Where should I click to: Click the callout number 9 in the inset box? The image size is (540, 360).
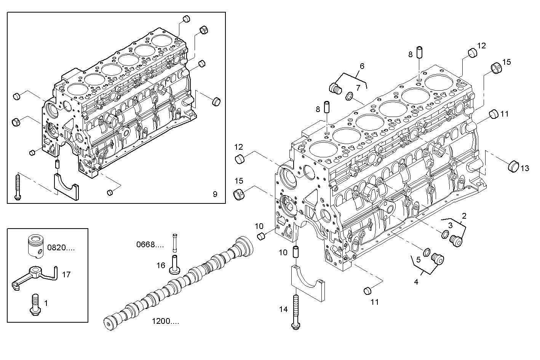215,194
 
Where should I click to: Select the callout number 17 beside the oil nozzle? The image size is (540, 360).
66,274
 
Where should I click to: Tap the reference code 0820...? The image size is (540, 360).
61,248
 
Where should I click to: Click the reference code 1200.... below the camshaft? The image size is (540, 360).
165,321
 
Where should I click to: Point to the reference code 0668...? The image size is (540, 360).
150,244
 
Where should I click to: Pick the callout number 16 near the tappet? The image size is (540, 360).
161,265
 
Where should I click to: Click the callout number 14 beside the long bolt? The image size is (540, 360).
283,309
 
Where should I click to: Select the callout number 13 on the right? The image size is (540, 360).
525,168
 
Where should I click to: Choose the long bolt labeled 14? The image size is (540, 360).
296,312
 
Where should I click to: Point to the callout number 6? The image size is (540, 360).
362,66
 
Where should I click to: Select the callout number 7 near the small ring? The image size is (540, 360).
358,88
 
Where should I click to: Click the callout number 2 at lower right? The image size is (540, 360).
464,216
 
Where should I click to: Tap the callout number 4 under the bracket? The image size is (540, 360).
416,282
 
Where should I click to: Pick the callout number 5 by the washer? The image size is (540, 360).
418,260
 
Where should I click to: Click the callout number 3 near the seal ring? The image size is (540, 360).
450,225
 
